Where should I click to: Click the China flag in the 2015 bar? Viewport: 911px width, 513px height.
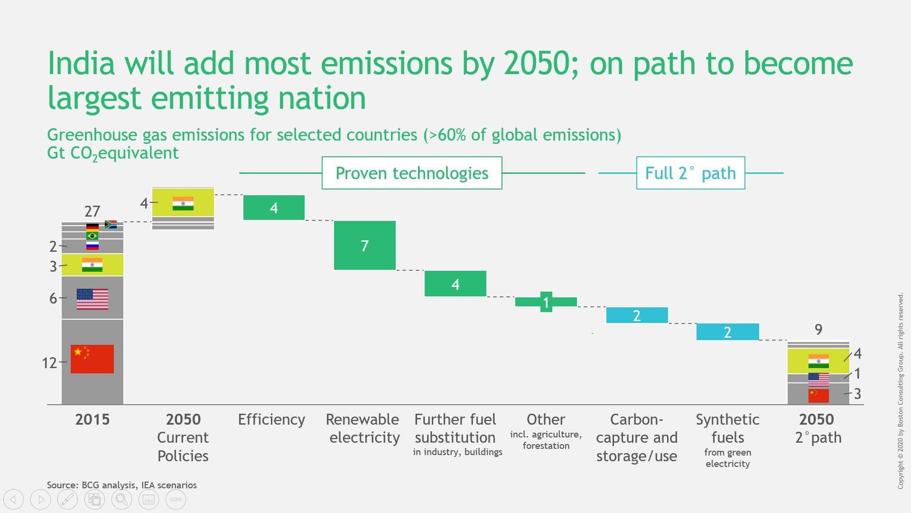click(x=92, y=359)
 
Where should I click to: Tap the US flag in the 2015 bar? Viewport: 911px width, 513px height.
click(x=92, y=299)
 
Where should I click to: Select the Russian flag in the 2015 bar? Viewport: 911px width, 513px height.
click(x=92, y=246)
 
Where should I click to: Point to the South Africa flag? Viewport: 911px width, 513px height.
click(x=111, y=224)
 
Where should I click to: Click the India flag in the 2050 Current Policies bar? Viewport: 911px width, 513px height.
click(x=183, y=203)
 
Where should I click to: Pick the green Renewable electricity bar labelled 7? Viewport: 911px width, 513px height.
click(x=364, y=245)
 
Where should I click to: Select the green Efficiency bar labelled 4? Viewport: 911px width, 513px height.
click(x=274, y=208)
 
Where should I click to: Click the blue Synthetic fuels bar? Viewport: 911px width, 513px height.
click(x=727, y=332)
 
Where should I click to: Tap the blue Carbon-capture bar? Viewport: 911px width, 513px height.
click(x=637, y=315)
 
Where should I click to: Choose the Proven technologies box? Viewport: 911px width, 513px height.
click(x=411, y=173)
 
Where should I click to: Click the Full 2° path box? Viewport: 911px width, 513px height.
click(x=690, y=173)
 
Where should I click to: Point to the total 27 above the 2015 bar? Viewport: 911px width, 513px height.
click(x=92, y=211)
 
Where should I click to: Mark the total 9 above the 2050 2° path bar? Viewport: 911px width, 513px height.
click(x=818, y=329)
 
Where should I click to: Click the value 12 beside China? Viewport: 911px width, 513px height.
click(x=49, y=363)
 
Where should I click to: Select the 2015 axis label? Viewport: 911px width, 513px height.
click(x=92, y=419)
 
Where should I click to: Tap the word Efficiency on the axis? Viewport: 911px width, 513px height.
click(x=271, y=419)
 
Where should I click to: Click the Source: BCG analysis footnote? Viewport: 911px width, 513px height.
click(x=121, y=485)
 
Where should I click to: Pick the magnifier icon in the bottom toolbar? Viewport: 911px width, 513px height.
click(x=121, y=499)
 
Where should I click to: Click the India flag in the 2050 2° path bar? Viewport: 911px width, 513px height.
click(x=818, y=361)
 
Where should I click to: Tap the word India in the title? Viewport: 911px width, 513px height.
click(x=81, y=63)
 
